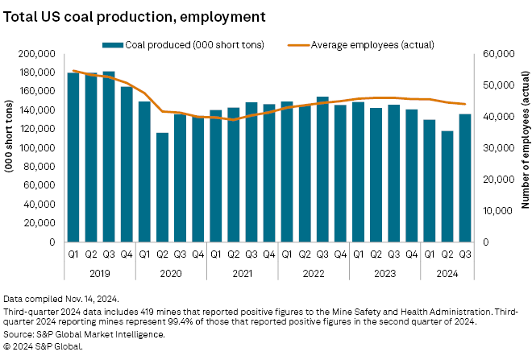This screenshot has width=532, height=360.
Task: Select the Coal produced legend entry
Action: [184, 43]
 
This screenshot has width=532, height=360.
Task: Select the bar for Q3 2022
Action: [322, 169]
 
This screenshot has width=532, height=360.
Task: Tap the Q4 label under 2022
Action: [340, 254]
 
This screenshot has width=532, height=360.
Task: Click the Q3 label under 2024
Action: [465, 254]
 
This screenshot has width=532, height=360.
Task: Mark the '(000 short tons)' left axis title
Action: [11, 148]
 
